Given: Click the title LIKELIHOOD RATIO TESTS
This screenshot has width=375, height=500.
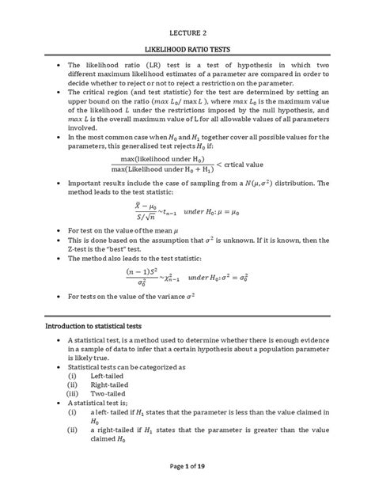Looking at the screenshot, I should (187, 51).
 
